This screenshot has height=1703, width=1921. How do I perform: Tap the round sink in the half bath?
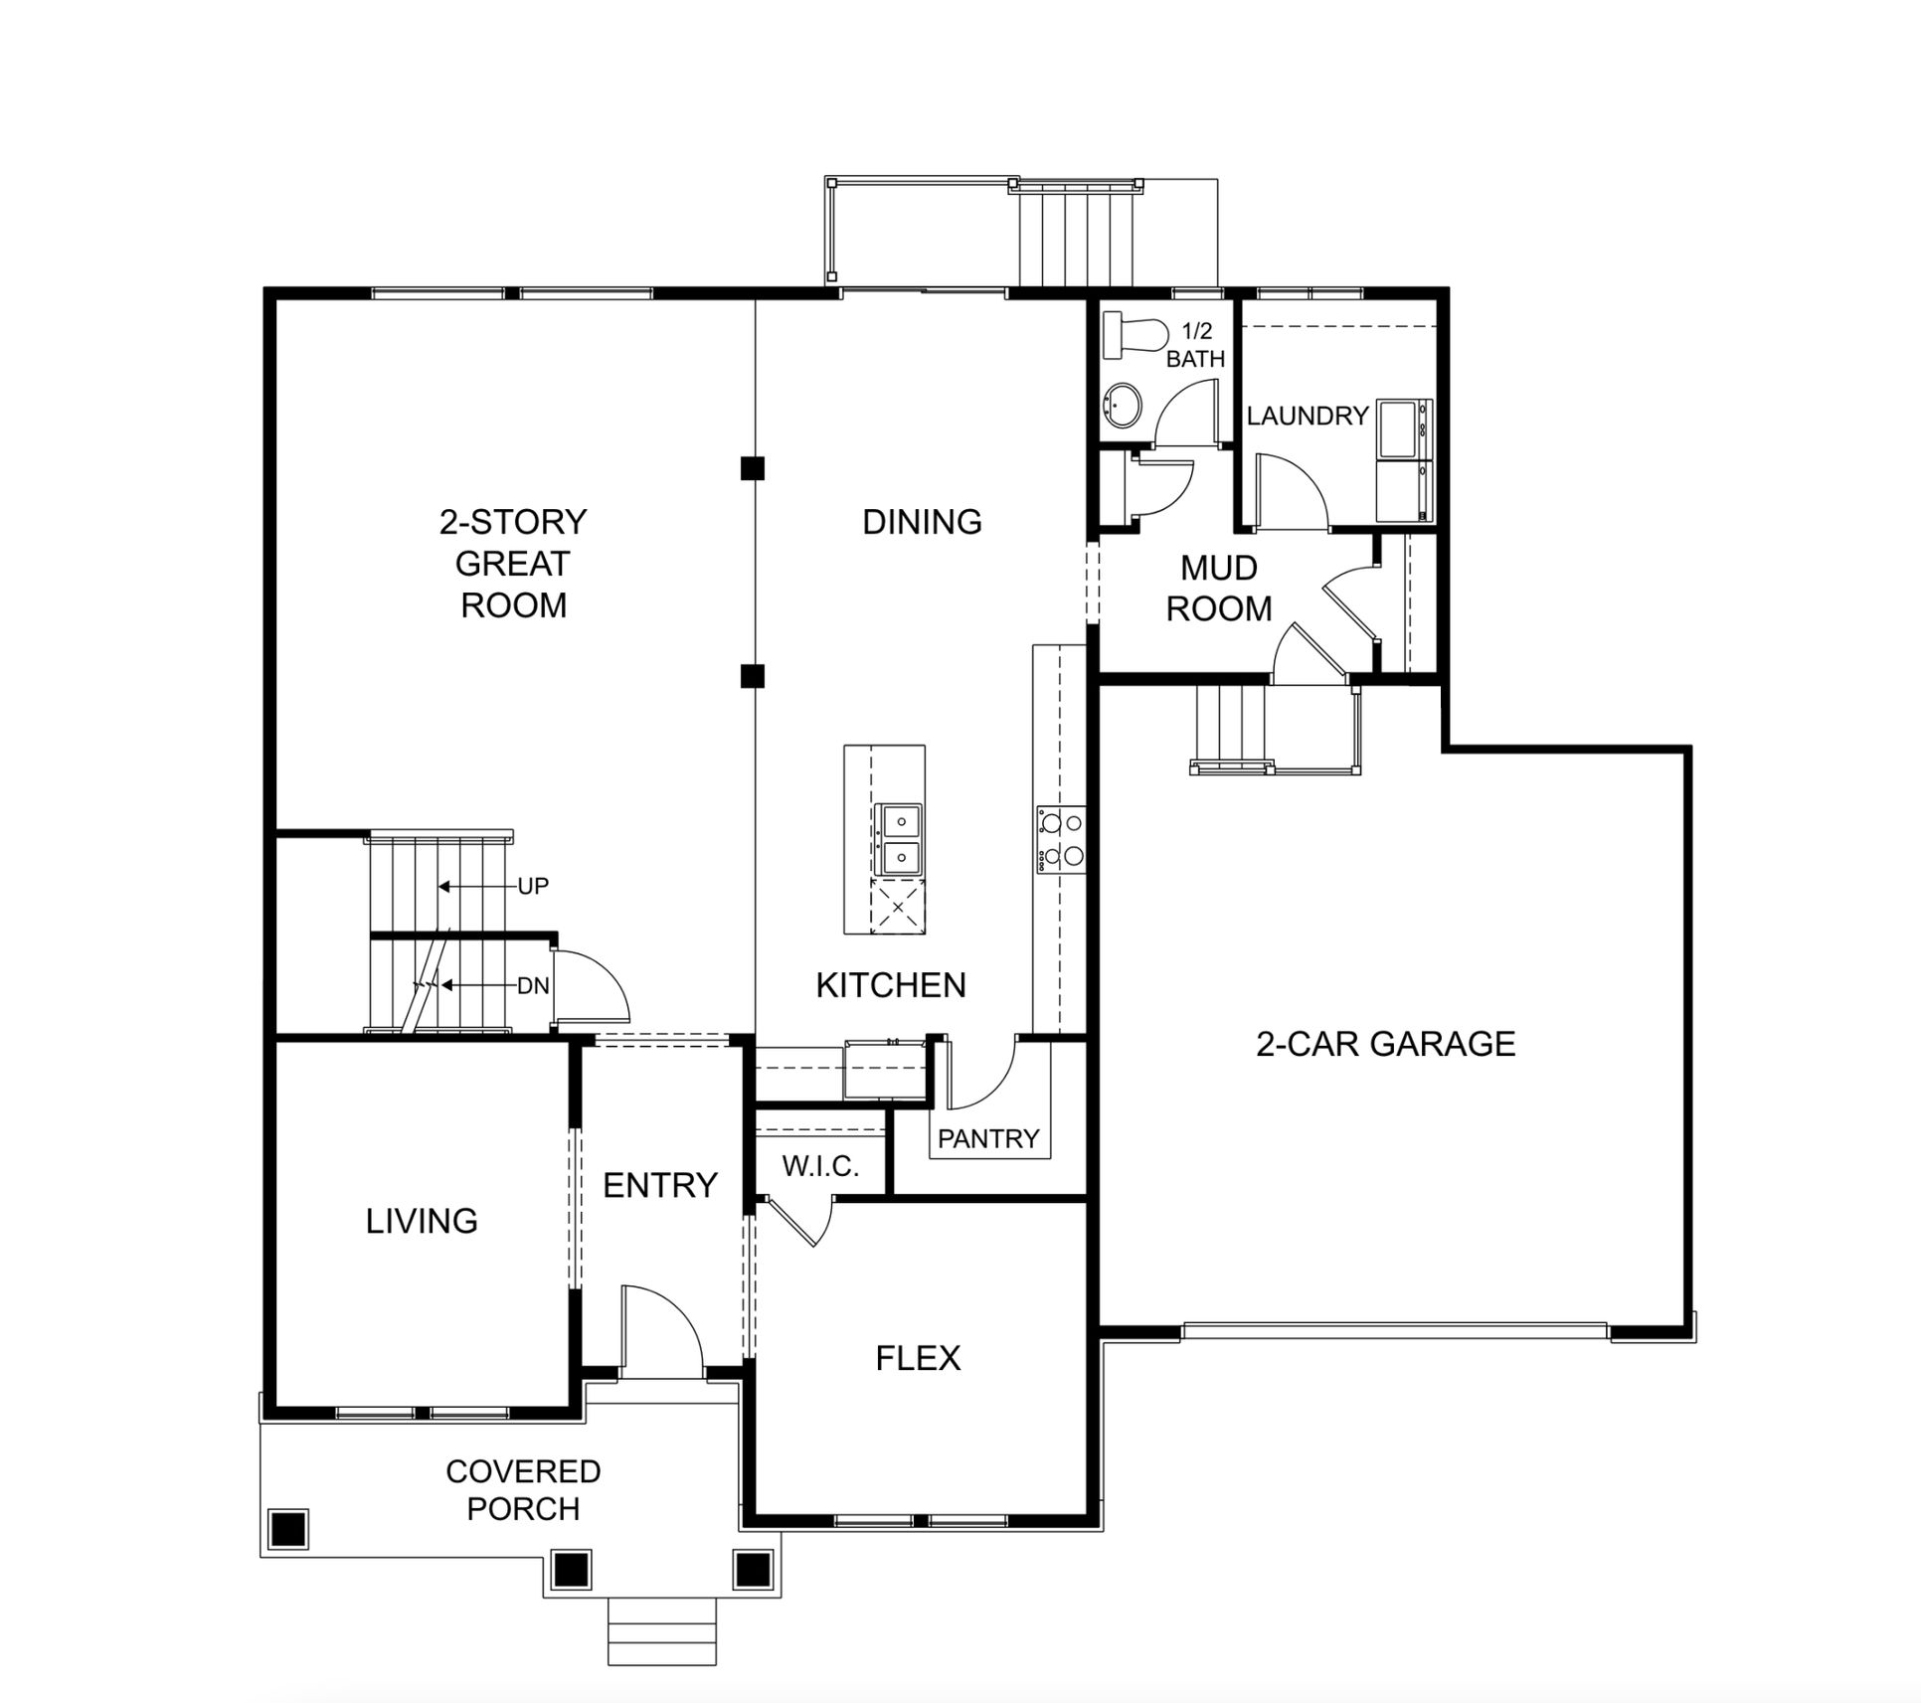tap(1123, 406)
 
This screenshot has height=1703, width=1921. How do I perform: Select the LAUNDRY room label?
tap(1308, 416)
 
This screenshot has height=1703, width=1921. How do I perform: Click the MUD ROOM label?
tap(1219, 588)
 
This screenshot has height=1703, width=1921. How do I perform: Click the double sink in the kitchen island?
tap(898, 840)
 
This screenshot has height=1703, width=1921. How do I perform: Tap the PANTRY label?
tap(988, 1138)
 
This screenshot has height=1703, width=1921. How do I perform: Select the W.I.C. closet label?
tap(820, 1166)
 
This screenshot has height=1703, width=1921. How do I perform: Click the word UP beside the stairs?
tap(533, 886)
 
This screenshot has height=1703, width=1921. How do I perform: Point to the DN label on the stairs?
tap(533, 986)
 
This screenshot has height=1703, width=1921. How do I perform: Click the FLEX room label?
tap(918, 1358)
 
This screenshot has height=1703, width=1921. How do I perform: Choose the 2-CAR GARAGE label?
tap(1386, 1044)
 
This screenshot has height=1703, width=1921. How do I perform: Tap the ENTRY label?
tap(660, 1185)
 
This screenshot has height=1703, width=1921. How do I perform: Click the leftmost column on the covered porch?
tap(288, 1528)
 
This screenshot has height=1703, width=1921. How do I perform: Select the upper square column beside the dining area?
tap(753, 468)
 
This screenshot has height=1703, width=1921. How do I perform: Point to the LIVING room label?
tap(422, 1221)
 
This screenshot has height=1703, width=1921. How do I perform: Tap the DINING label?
tap(923, 522)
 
